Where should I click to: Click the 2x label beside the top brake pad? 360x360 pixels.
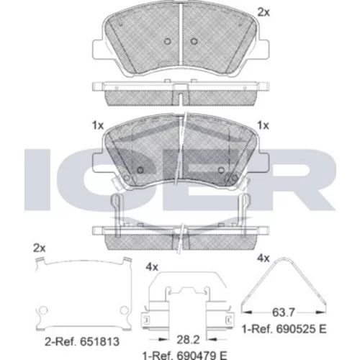click(x=264, y=12)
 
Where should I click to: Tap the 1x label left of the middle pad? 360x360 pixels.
click(x=98, y=125)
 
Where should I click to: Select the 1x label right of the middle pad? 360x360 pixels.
click(x=264, y=125)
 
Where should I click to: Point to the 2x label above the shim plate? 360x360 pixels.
click(x=40, y=248)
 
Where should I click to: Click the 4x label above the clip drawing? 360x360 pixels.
click(x=152, y=267)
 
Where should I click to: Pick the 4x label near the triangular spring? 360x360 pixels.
click(x=264, y=258)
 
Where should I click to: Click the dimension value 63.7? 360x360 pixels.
click(x=283, y=312)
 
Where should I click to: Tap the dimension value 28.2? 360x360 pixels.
click(x=188, y=340)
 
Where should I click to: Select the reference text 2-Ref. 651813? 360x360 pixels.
click(x=82, y=342)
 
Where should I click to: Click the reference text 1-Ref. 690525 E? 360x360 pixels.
click(x=284, y=329)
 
